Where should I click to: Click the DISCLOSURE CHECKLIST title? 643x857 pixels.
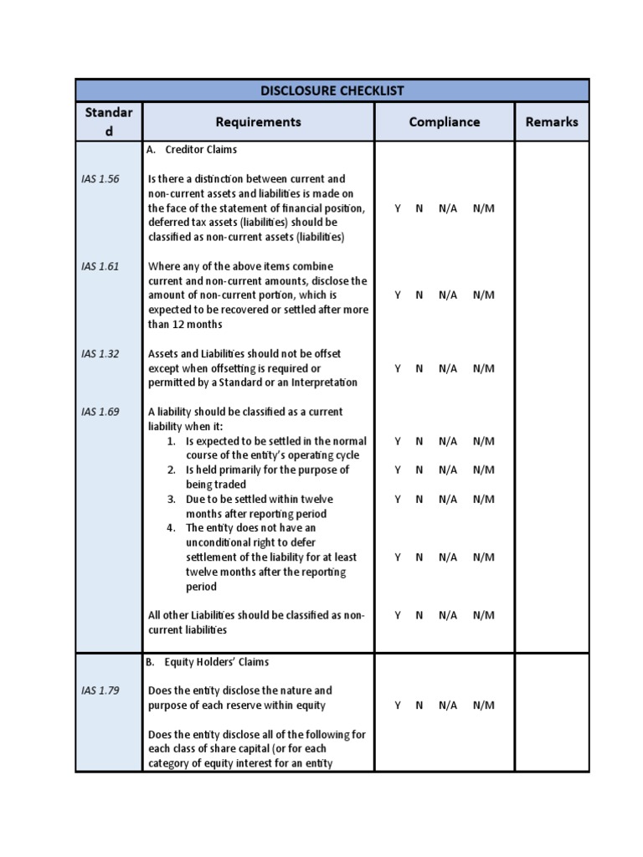[x=332, y=90]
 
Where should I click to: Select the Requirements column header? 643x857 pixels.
[x=258, y=121]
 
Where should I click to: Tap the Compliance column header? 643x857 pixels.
[x=444, y=121]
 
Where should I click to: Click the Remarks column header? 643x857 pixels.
[x=552, y=121]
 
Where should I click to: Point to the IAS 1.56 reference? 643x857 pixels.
[x=100, y=179]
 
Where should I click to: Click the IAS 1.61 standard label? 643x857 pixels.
[x=100, y=266]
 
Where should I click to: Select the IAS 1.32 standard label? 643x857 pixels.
[x=100, y=353]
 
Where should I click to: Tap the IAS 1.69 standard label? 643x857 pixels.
[x=100, y=412]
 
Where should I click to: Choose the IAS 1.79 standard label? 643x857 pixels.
[x=100, y=690]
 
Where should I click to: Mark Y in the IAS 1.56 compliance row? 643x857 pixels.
[x=398, y=208]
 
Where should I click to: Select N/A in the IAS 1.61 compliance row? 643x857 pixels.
[x=447, y=295]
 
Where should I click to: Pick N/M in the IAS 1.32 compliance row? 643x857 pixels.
[x=483, y=368]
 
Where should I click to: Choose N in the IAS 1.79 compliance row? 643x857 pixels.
[x=419, y=706]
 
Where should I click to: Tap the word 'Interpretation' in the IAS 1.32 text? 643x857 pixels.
[x=323, y=382]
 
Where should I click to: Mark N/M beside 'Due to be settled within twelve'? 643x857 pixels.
[x=483, y=499]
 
